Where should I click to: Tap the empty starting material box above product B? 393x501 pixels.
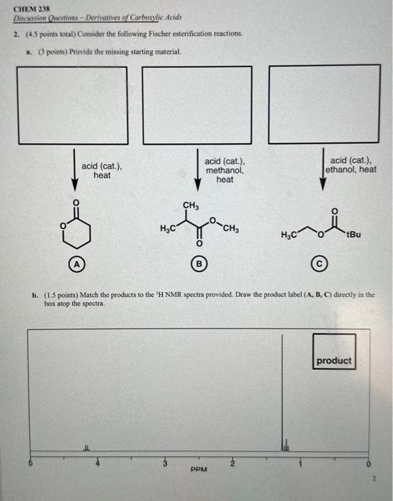(x=197, y=95)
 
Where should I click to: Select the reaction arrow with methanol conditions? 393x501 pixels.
(x=198, y=170)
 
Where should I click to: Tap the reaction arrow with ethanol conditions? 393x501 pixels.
(x=322, y=170)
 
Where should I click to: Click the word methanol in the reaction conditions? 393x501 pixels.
(x=224, y=171)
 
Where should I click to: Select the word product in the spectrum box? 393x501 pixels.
(x=334, y=361)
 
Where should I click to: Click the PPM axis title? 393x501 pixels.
(x=199, y=470)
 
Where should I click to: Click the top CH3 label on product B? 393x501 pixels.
(x=191, y=206)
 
